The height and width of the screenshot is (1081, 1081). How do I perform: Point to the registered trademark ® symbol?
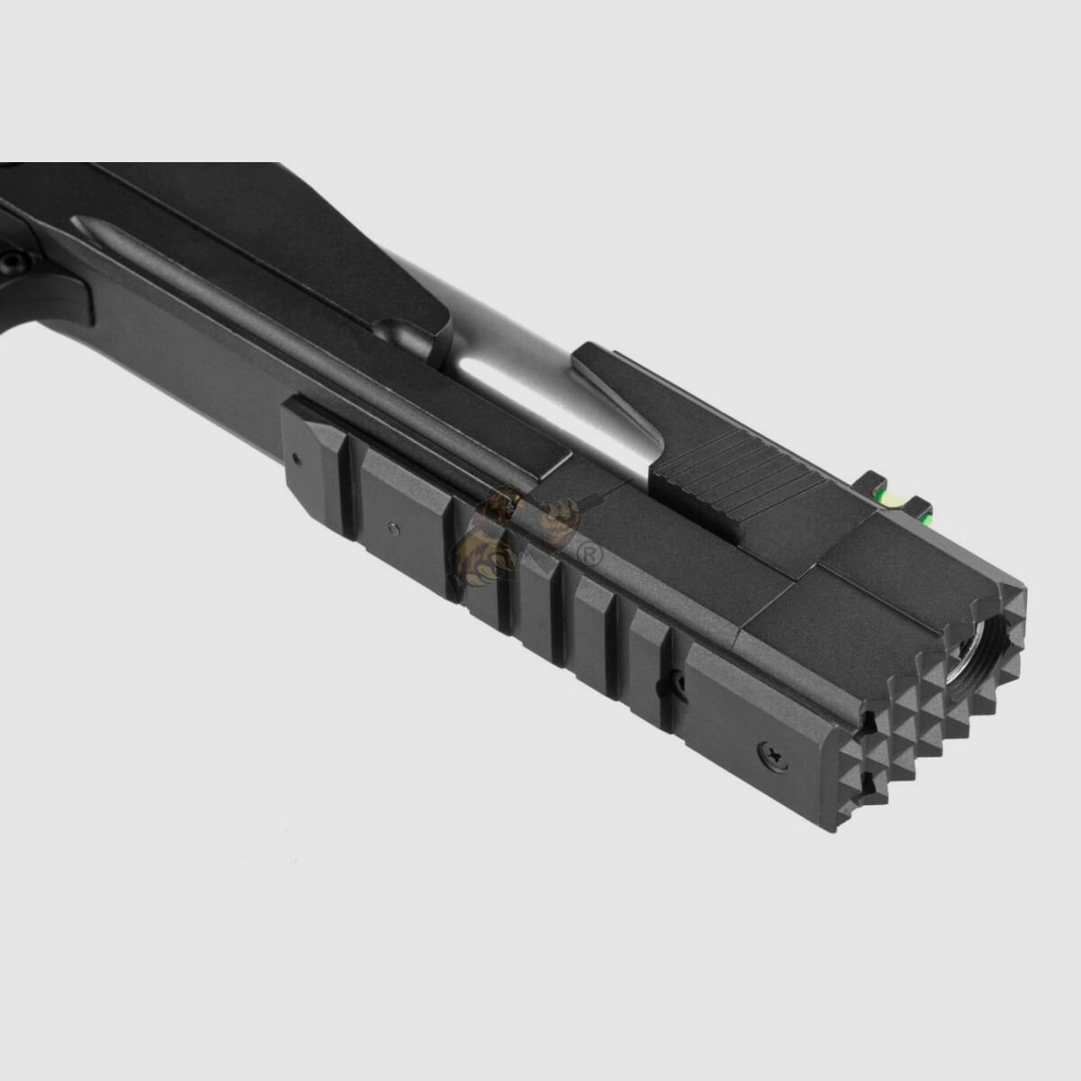click(x=592, y=555)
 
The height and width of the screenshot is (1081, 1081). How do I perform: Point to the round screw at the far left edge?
click(x=11, y=262)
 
